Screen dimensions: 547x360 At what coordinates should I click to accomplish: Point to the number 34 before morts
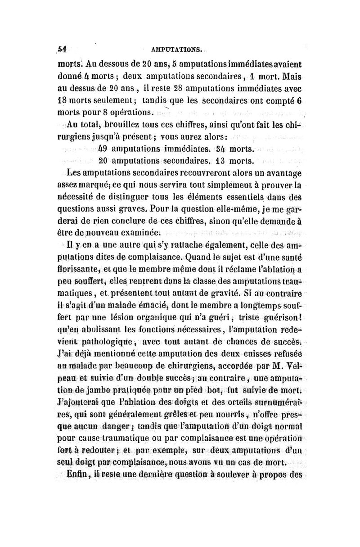[x=233, y=148]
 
